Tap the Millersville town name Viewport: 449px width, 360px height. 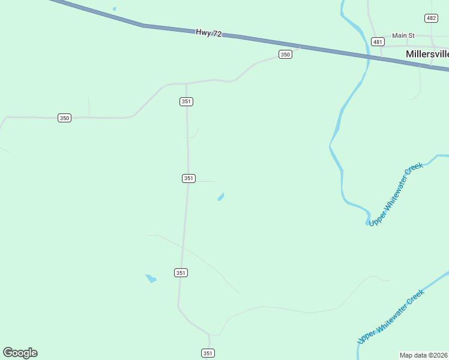pyautogui.click(x=427, y=54)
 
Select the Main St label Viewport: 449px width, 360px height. pyautogui.click(x=403, y=35)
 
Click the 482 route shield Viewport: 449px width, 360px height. pyautogui.click(x=431, y=18)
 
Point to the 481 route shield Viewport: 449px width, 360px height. pyautogui.click(x=378, y=41)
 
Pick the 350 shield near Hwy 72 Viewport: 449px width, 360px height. pyautogui.click(x=285, y=55)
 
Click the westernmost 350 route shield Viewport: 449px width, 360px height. pyautogui.click(x=65, y=118)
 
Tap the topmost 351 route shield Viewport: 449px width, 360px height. pyautogui.click(x=186, y=101)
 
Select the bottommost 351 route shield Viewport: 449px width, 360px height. pyautogui.click(x=208, y=353)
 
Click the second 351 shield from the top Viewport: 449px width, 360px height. pyautogui.click(x=188, y=178)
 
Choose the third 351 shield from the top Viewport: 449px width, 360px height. pyautogui.click(x=181, y=272)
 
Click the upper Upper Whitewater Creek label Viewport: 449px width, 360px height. pyautogui.click(x=396, y=194)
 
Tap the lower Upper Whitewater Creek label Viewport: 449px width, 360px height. pyautogui.click(x=391, y=317)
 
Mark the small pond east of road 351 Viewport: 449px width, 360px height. pyautogui.click(x=221, y=197)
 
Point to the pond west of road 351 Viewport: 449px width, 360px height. pyautogui.click(x=151, y=278)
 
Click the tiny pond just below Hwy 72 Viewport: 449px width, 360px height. pyautogui.click(x=114, y=9)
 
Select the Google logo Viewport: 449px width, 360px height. pyautogui.click(x=20, y=353)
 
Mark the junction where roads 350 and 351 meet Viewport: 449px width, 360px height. pyautogui.click(x=186, y=83)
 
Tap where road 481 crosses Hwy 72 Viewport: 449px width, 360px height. pyautogui.click(x=380, y=58)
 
